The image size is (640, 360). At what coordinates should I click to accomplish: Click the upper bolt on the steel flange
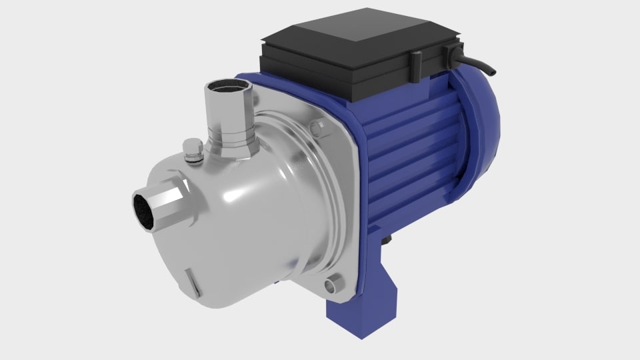pyautogui.click(x=319, y=126)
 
